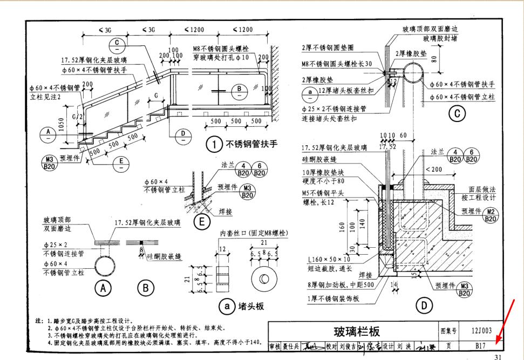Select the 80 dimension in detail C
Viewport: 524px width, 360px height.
point(434,58)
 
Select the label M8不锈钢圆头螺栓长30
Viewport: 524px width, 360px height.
point(337,64)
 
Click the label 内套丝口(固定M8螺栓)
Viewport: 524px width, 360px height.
point(253,233)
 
